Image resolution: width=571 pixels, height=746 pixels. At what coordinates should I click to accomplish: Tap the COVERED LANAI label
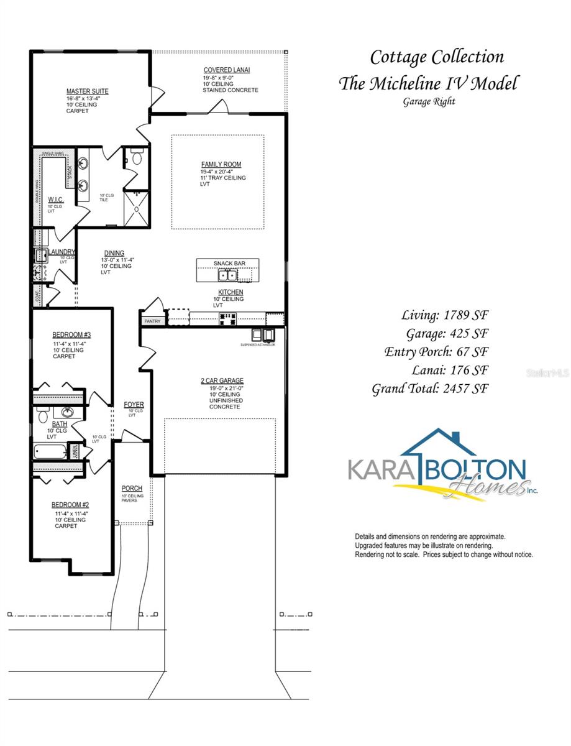point(227,70)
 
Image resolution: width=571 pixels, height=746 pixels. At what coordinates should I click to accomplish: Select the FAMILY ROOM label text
point(221,165)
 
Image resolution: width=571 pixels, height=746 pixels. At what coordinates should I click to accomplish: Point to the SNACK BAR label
point(229,264)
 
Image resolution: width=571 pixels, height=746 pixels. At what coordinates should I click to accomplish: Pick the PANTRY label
point(152,321)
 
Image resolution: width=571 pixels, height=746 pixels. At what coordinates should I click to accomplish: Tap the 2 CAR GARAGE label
point(222,380)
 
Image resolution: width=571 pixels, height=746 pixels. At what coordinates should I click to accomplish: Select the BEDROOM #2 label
point(71,505)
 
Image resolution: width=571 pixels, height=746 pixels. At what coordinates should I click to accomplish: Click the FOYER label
point(134,405)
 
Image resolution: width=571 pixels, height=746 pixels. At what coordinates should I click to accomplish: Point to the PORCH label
point(132,489)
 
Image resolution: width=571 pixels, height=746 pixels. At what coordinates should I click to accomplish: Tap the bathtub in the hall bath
point(50,450)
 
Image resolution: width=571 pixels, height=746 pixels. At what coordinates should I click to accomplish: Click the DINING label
point(114,253)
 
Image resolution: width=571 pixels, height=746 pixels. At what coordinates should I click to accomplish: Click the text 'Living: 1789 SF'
point(445,315)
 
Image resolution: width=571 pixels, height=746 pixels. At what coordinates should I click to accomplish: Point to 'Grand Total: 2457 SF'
point(430,389)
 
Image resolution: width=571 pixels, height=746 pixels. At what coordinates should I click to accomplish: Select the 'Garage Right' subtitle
point(429,101)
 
